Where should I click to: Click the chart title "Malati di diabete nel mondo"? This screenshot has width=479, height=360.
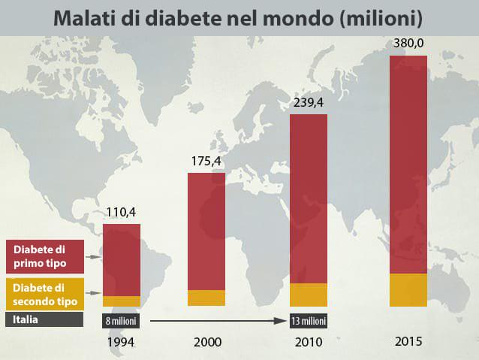[239, 17]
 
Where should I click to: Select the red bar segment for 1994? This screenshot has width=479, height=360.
[122, 259]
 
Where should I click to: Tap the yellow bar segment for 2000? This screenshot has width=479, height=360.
[206, 298]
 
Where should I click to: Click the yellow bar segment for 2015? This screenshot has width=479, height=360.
[408, 290]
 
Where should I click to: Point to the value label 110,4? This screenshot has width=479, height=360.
[121, 212]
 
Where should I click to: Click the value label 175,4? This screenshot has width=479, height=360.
[206, 161]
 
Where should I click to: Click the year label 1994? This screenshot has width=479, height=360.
[121, 342]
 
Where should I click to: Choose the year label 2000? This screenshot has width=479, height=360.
[207, 342]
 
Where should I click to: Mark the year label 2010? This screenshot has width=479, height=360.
[308, 342]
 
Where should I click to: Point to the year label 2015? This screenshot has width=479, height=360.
[408, 341]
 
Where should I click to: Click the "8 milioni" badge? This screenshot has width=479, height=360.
[121, 321]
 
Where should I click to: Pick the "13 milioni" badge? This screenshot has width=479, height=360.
[309, 321]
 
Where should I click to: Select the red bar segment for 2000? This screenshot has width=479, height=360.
[206, 231]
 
